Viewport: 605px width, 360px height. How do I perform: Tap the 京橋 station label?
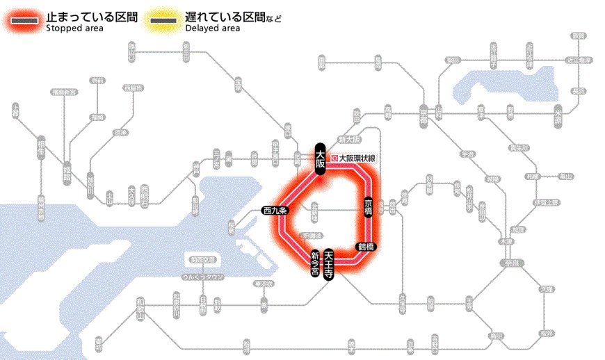369,206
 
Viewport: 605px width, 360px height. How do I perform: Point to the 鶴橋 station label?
366,246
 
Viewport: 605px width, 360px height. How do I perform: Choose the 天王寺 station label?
329,264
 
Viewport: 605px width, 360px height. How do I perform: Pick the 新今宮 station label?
314,265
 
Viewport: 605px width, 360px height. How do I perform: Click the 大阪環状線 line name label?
357,158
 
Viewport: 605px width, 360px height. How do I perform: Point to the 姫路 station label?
67,168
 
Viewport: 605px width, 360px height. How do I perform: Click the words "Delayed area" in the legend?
212,28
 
